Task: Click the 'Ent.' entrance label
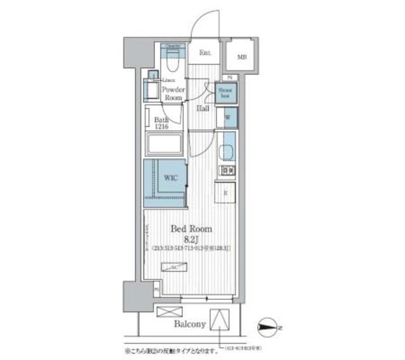[x=205, y=53]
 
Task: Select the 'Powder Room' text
[x=174, y=94]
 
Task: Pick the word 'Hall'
[x=203, y=108]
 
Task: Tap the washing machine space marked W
[x=227, y=118]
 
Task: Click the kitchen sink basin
[x=227, y=153]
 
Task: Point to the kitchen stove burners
[x=227, y=170]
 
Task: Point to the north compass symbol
[x=271, y=327]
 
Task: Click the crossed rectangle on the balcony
[x=167, y=313]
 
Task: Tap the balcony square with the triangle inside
[x=220, y=318]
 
